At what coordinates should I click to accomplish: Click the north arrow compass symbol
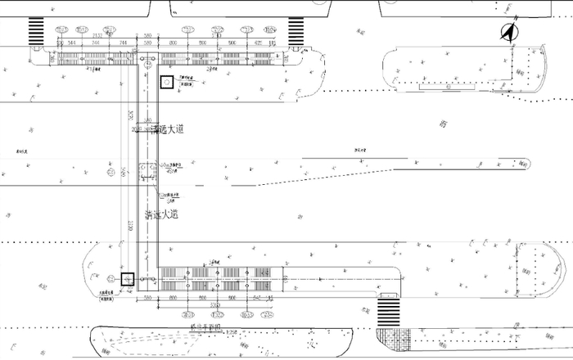(x=508, y=33)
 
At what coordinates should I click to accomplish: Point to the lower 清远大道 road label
(x=162, y=215)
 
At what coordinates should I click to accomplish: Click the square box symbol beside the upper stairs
(x=166, y=82)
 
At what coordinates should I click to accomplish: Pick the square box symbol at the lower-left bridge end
(x=128, y=279)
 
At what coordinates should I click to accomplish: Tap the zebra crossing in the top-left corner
(x=37, y=32)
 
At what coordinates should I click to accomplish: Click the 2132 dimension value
(x=97, y=36)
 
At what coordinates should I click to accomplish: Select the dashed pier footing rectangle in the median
(x=149, y=173)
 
